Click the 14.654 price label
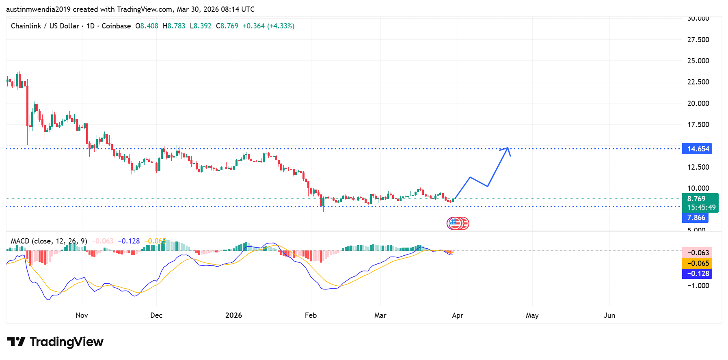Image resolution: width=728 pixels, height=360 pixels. tap(697, 149)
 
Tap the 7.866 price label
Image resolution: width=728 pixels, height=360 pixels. tap(696, 218)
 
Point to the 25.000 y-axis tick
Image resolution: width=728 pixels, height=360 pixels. tap(698, 61)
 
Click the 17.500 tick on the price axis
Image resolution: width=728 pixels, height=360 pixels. tap(698, 125)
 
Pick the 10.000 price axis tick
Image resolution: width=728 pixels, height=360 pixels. tap(698, 188)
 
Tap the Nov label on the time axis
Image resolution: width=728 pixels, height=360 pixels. tap(82, 315)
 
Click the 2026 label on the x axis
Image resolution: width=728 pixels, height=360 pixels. tap(233, 315)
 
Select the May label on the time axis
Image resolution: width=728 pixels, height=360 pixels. tap(532, 315)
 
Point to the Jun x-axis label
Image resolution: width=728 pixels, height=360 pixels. tap(609, 315)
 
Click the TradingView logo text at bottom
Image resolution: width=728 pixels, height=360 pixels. tap(56, 342)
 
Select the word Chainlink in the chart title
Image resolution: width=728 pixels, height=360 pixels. tap(26, 26)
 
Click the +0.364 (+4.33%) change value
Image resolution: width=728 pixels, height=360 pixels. tap(268, 26)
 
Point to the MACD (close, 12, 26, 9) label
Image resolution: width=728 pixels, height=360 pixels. tap(49, 241)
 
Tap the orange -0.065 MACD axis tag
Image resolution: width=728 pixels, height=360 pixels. tap(697, 263)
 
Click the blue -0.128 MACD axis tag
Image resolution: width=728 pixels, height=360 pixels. tap(697, 274)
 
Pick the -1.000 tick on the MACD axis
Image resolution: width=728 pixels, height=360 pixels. tap(698, 286)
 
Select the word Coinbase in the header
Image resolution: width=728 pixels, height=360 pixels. tap(116, 26)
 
